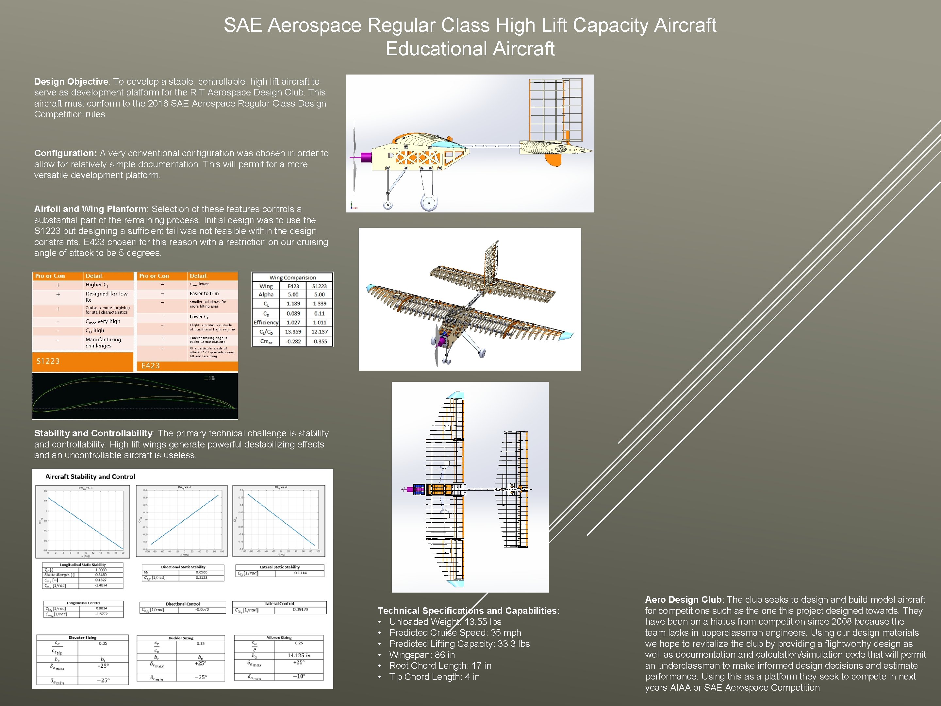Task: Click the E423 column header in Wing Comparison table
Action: (x=293, y=286)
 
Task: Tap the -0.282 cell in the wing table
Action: (x=293, y=341)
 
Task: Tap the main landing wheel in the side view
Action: (x=429, y=203)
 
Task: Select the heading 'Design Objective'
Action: (x=71, y=82)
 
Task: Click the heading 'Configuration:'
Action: (x=66, y=153)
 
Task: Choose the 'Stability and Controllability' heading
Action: (x=93, y=433)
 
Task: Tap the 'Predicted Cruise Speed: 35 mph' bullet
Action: (x=455, y=632)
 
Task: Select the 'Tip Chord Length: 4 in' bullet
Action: (x=434, y=677)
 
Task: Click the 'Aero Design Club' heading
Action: (x=683, y=600)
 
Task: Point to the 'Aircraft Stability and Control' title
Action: (x=90, y=477)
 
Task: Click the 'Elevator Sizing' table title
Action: (x=83, y=637)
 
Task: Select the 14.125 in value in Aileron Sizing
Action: (x=299, y=655)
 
